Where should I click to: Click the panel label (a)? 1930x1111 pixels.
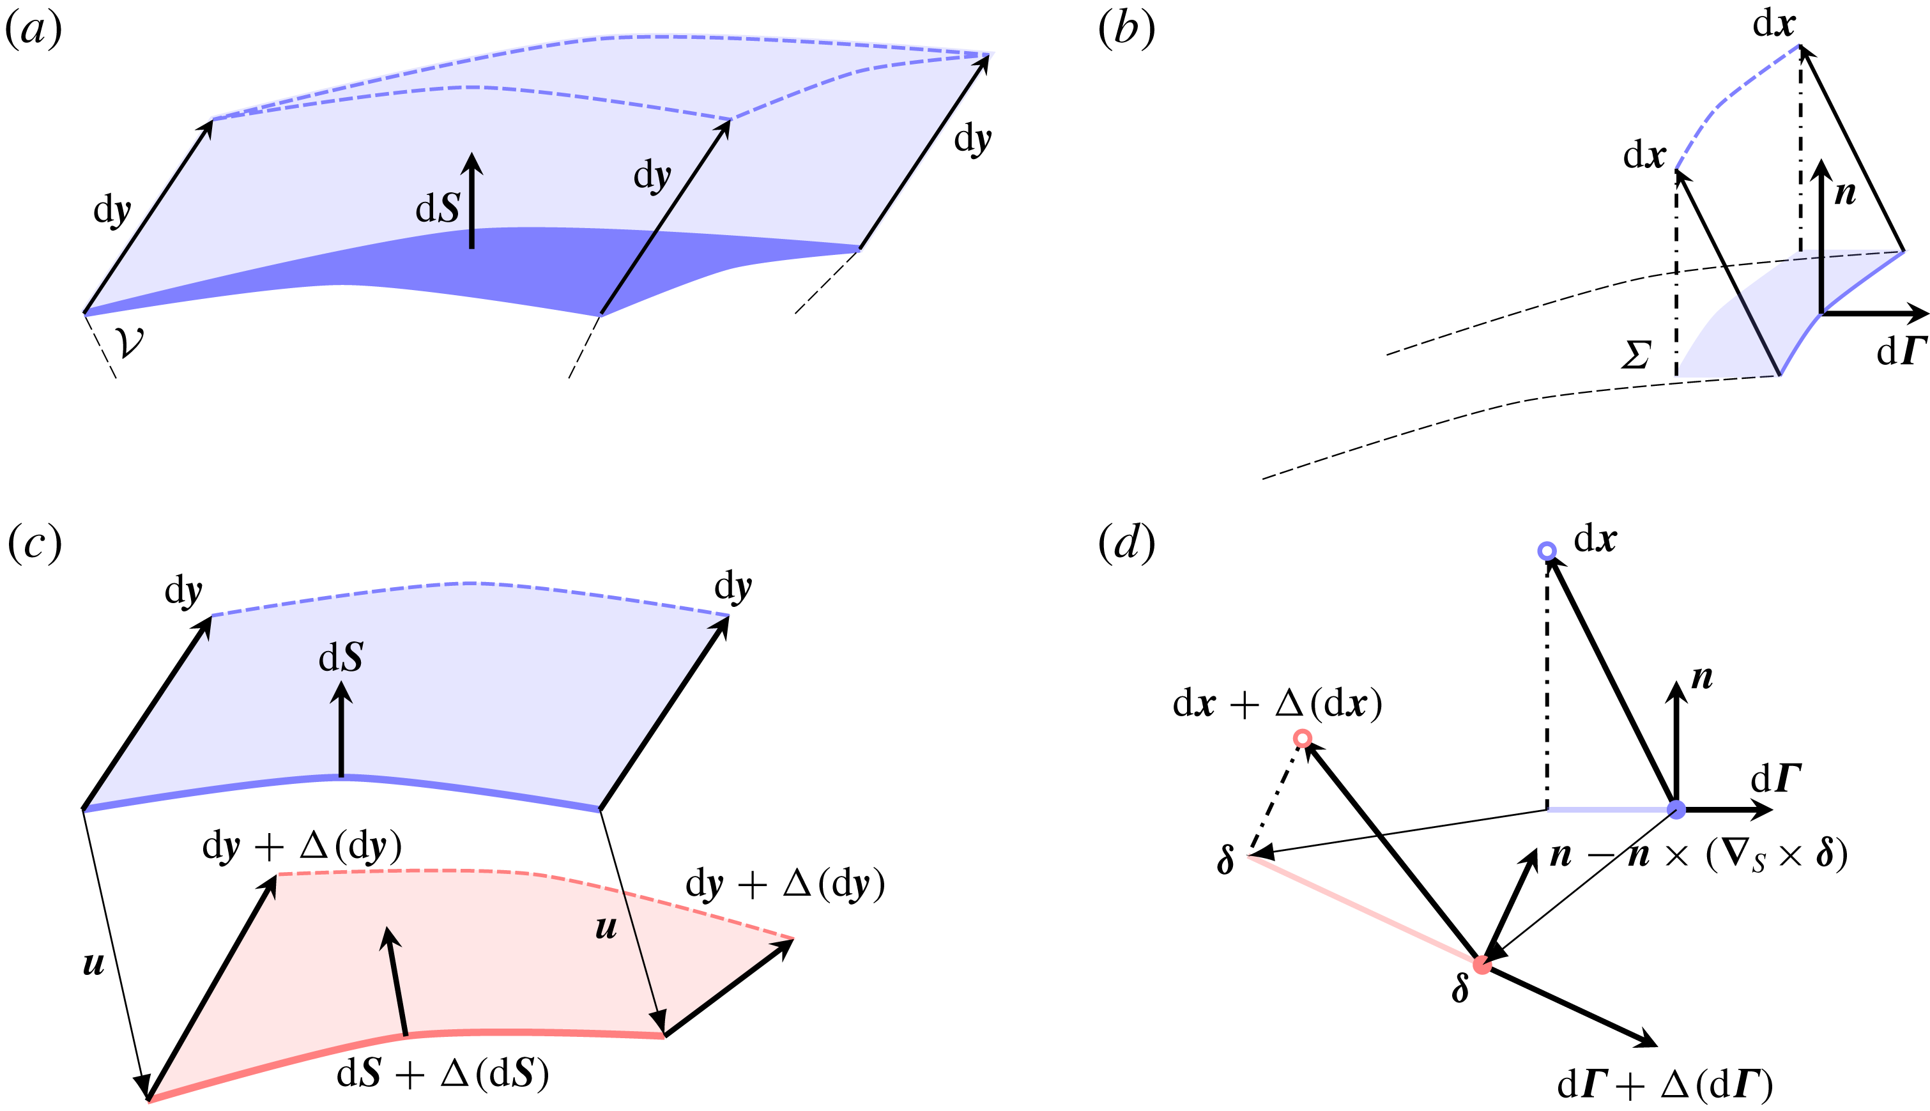point(34,31)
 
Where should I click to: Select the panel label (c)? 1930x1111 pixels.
point(34,544)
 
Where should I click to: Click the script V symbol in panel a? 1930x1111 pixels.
point(129,342)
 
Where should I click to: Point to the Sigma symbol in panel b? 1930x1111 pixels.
point(1635,355)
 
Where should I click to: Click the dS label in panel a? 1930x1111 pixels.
point(437,208)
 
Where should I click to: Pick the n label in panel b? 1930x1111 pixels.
point(1844,194)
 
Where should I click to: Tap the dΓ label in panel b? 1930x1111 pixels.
point(1902,351)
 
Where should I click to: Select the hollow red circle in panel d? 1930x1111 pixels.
point(1303,738)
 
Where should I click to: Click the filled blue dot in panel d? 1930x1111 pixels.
point(1676,809)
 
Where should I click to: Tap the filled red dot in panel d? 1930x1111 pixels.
point(1482,965)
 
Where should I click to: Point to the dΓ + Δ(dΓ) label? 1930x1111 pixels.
point(1666,1084)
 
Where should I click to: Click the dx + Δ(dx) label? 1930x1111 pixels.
point(1278,703)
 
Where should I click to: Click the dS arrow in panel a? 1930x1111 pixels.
point(472,201)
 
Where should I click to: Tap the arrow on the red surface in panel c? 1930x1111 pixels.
point(397,981)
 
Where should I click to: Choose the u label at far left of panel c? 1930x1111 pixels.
point(94,965)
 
